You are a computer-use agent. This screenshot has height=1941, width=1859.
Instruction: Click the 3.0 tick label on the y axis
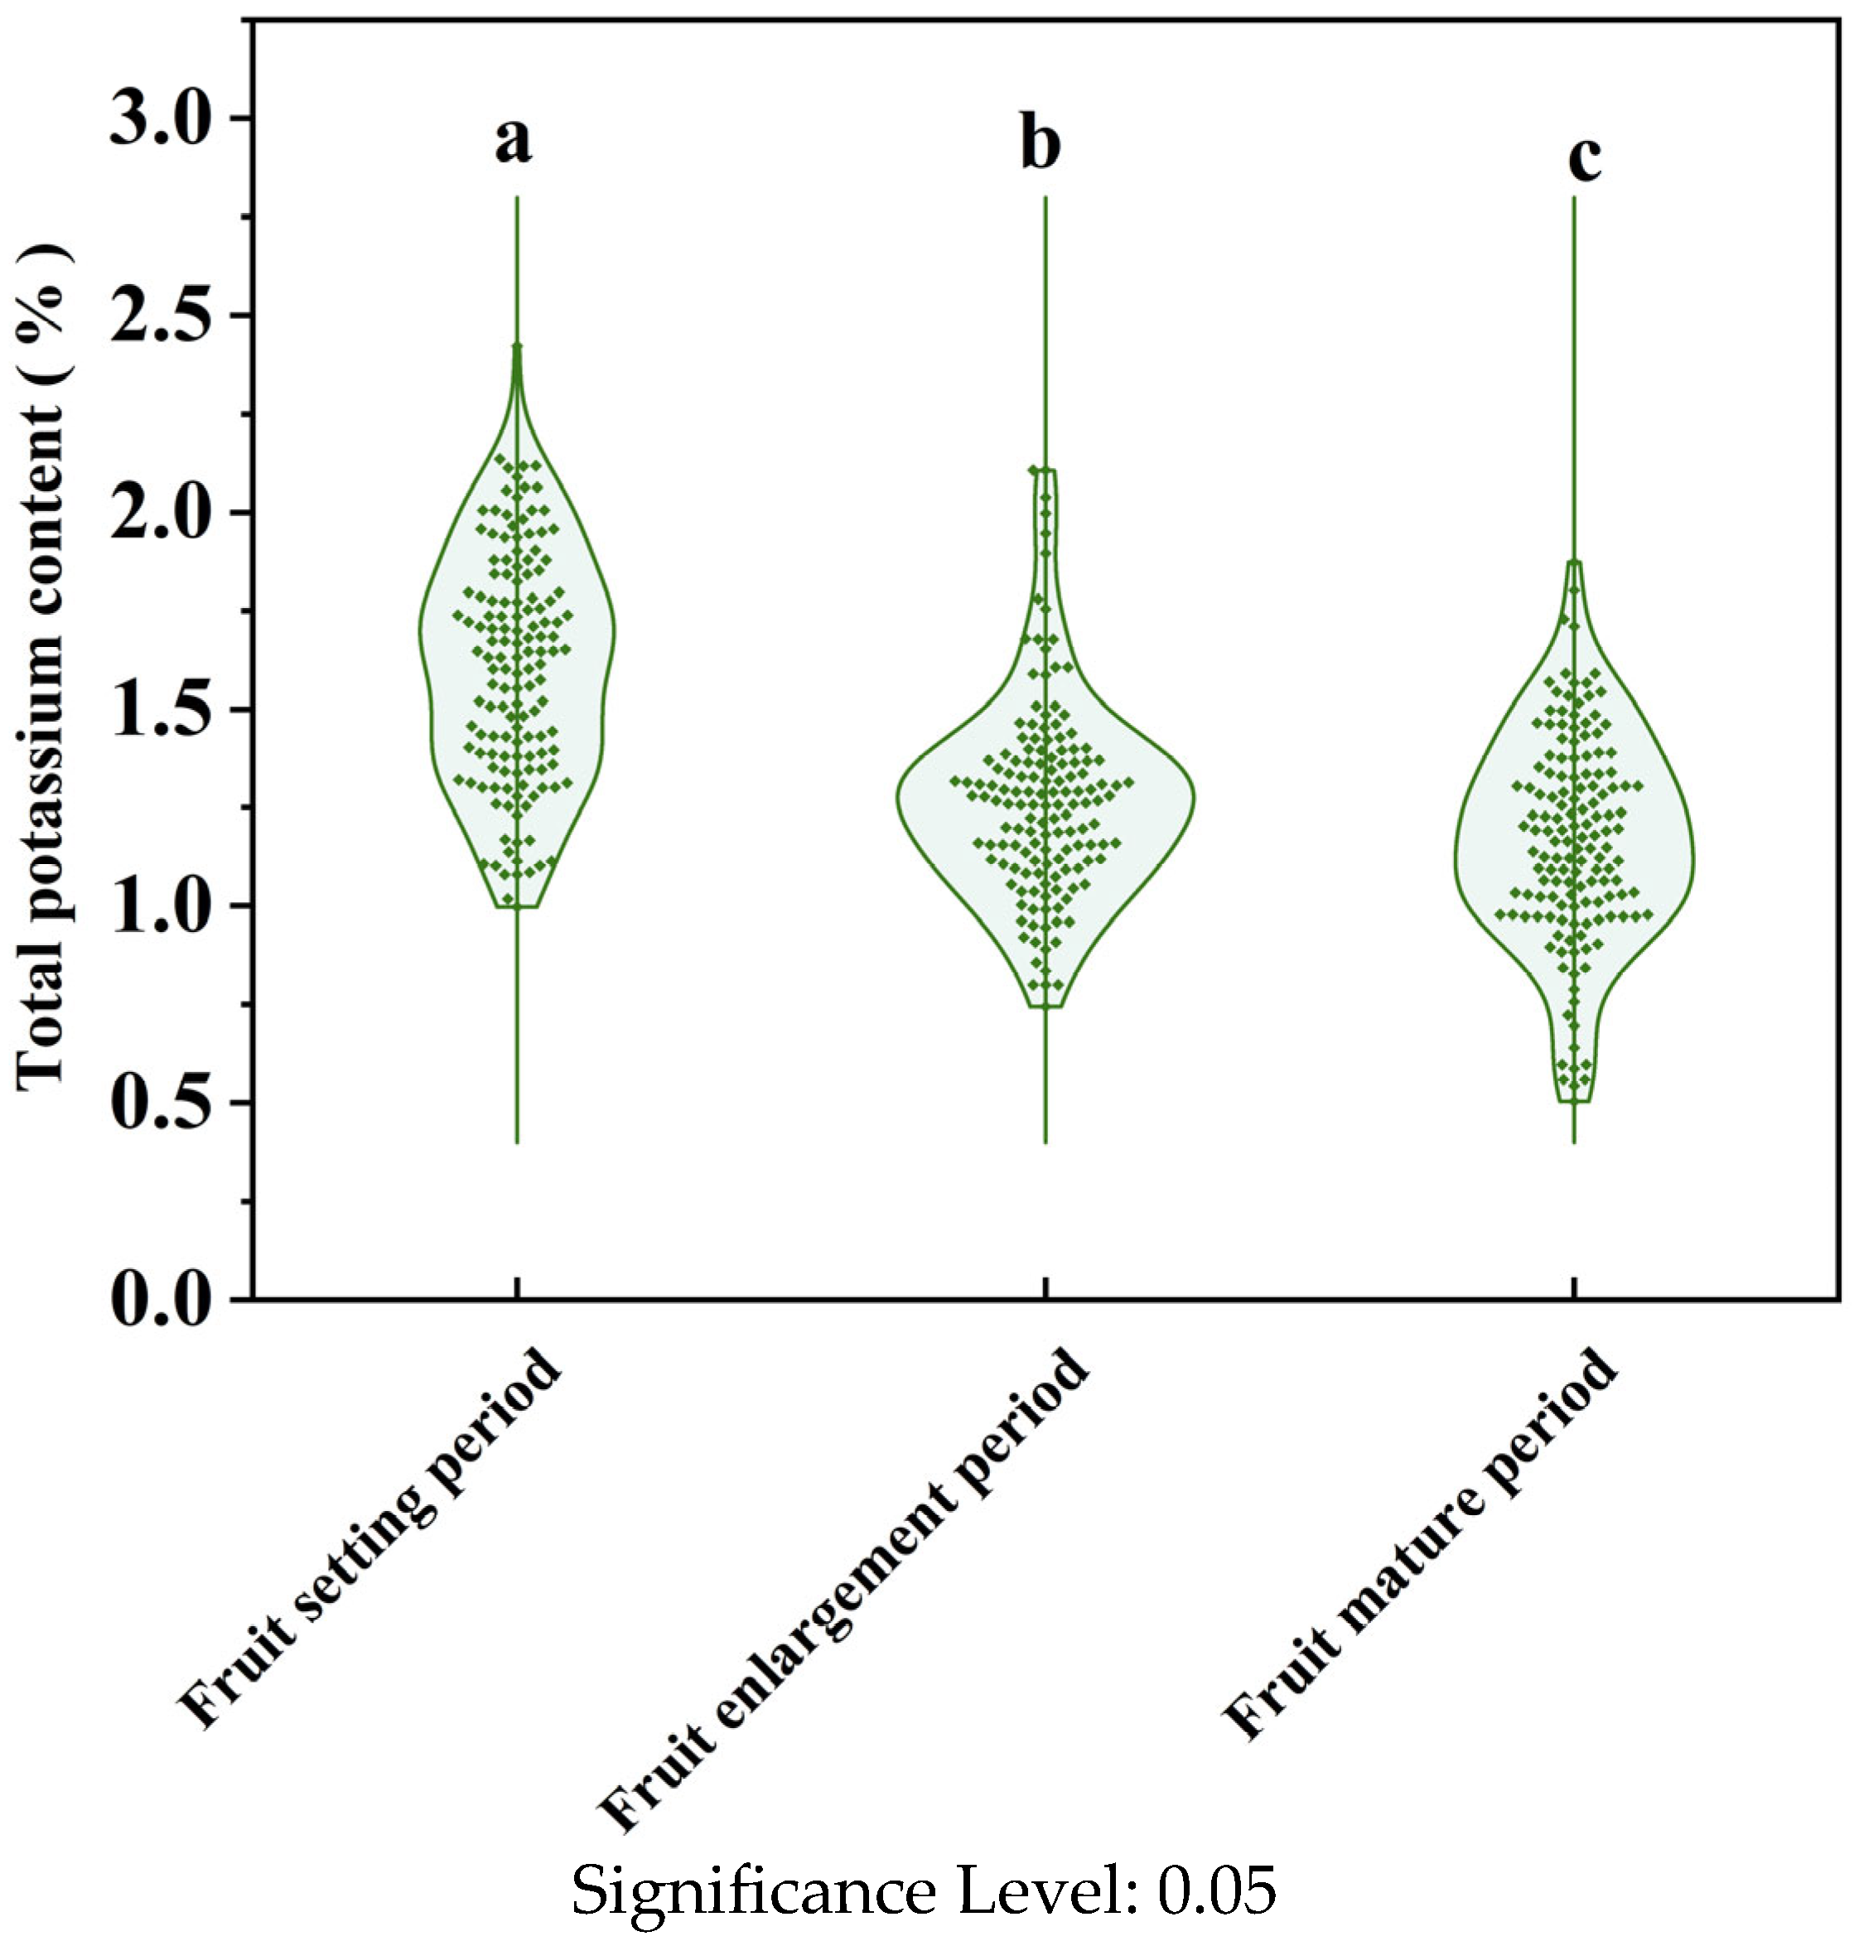click(x=162, y=120)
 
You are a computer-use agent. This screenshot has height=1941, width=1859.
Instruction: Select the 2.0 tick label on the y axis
click(x=162, y=514)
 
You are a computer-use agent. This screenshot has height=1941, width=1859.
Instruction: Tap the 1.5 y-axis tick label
click(x=162, y=710)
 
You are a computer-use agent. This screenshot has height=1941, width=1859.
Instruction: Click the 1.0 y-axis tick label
click(x=162, y=907)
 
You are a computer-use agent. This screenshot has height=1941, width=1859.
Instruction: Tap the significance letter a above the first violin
click(x=513, y=142)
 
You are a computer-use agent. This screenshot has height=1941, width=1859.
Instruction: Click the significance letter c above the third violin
click(x=1585, y=157)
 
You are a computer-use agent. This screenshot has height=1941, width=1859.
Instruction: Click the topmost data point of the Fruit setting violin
click(x=516, y=346)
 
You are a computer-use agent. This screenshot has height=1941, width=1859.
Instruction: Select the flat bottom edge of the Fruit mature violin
click(x=1574, y=1101)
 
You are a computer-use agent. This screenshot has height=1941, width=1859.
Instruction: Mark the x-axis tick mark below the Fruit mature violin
click(x=1574, y=1287)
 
